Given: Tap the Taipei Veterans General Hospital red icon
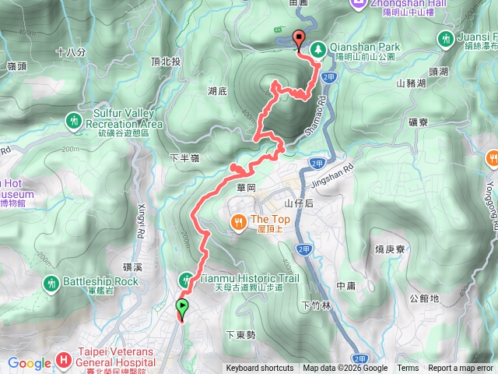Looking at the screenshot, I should tap(65, 362).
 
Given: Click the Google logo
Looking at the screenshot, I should tap(29, 362).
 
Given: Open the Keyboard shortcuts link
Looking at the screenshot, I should tap(260, 369).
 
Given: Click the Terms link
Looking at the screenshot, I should tap(408, 369).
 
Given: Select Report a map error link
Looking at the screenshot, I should tap(461, 369).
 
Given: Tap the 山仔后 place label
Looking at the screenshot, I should tap(298, 203).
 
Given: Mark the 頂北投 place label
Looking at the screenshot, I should tap(166, 62).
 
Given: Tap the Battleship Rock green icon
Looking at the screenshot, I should tap(51, 282).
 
